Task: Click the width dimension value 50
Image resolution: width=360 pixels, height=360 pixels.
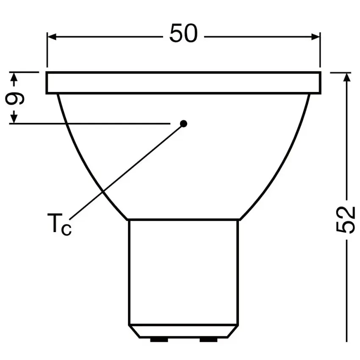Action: tap(183, 34)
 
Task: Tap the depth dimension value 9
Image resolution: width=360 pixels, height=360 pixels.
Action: tap(15, 99)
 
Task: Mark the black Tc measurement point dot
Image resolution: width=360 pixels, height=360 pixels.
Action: tap(183, 123)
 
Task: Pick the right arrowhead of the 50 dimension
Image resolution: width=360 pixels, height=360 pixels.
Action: tap(315, 36)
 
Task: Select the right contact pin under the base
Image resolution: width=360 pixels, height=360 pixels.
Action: tap(208, 339)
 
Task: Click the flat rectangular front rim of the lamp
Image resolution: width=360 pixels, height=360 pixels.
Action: tap(183, 83)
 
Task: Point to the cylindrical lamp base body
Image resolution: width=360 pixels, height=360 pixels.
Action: tap(183, 271)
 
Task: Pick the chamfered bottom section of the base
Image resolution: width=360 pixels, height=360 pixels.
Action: tap(183, 331)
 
